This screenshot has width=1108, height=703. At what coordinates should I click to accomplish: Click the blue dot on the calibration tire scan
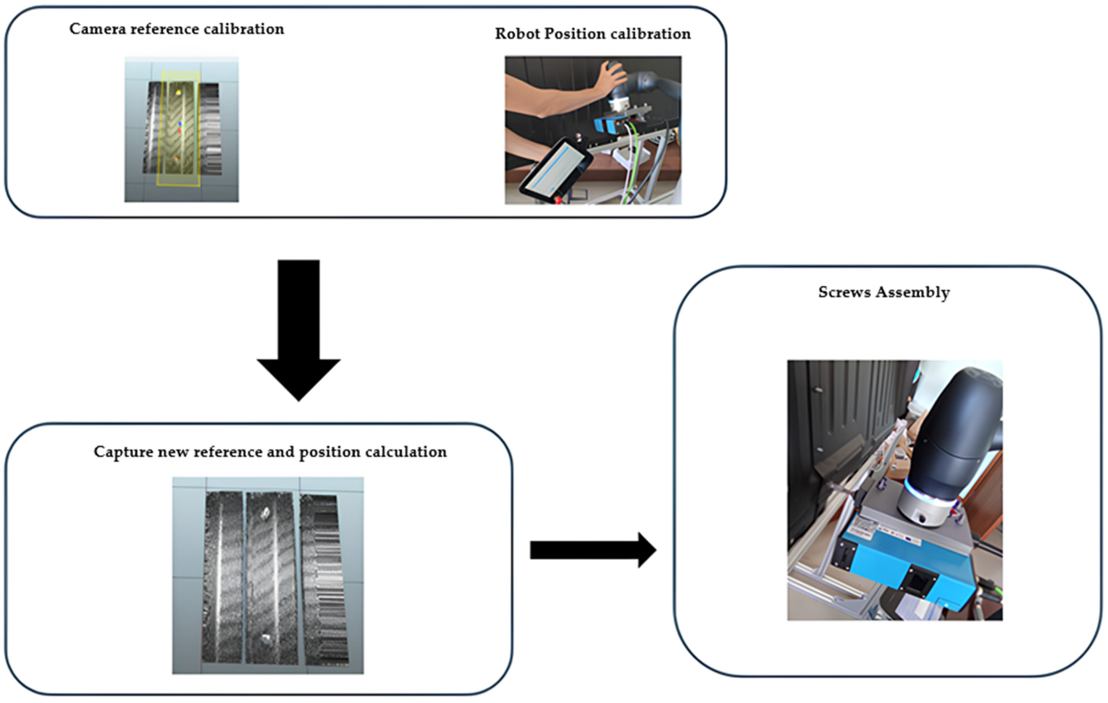pyautogui.click(x=180, y=124)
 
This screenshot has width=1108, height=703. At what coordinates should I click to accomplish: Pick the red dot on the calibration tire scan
pyautogui.click(x=180, y=131)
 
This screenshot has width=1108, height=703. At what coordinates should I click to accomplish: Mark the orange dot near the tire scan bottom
pyautogui.click(x=176, y=159)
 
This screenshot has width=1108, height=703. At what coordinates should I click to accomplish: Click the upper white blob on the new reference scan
pyautogui.click(x=265, y=512)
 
